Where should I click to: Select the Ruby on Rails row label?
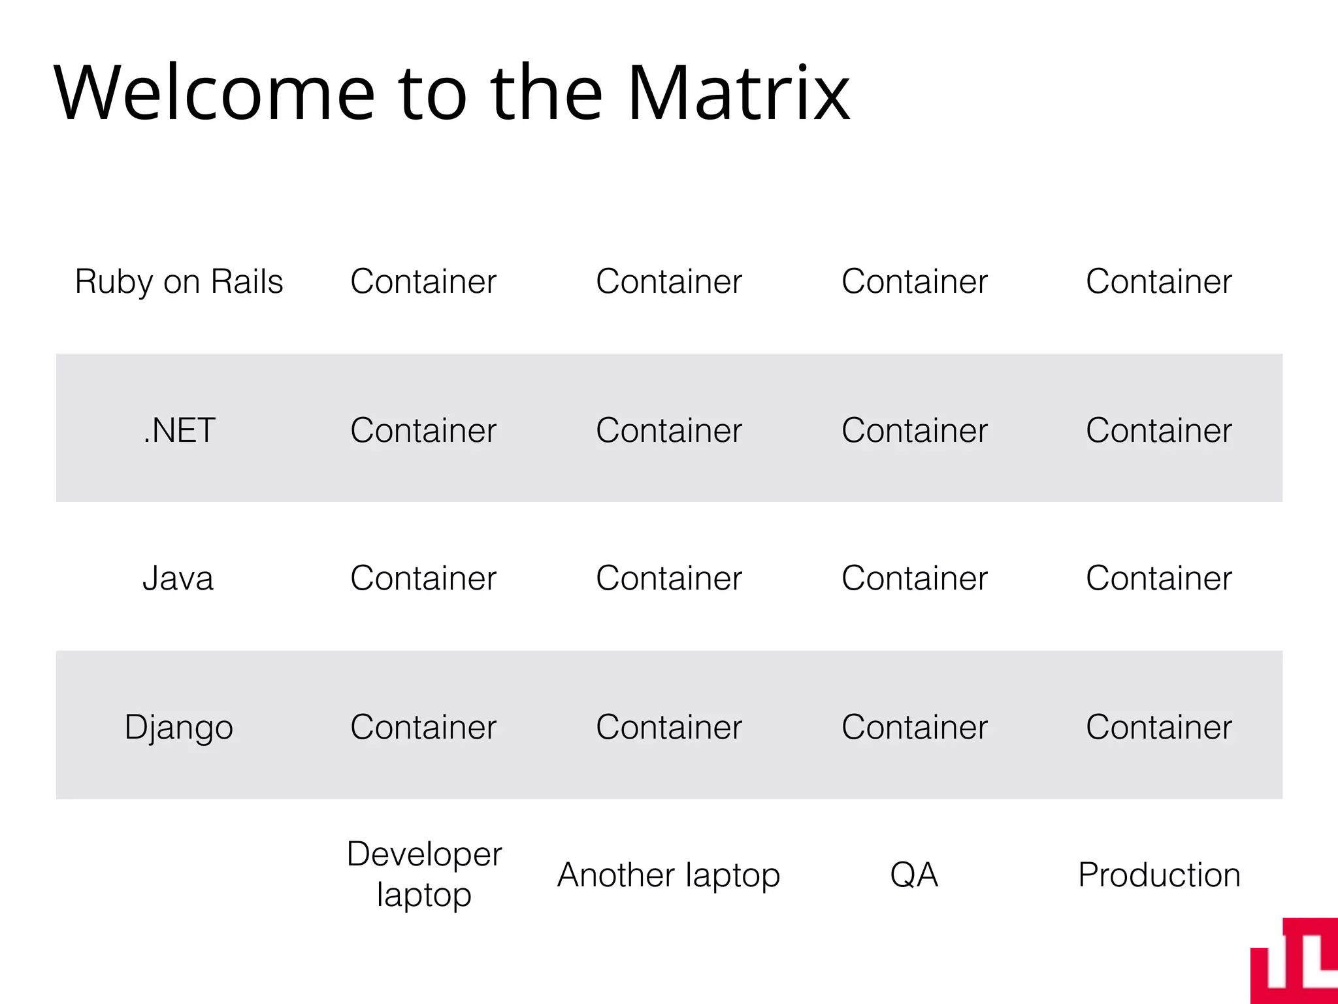click(179, 282)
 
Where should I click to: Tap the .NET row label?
click(179, 430)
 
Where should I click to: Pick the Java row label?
click(178, 578)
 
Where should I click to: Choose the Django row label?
click(179, 728)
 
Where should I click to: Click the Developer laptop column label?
click(424, 874)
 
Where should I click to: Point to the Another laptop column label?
click(668, 875)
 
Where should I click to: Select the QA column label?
click(914, 875)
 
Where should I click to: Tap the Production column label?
click(1159, 875)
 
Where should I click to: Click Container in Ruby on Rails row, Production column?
click(1159, 282)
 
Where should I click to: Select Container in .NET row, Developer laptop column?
click(423, 430)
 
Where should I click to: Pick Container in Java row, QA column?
click(914, 578)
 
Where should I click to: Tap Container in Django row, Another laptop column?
click(668, 727)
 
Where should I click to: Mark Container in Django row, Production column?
click(1159, 727)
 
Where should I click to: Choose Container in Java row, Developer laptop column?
click(423, 578)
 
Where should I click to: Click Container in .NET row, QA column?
click(914, 430)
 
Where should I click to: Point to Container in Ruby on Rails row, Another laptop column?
click(668, 282)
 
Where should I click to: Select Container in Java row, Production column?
click(1159, 578)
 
